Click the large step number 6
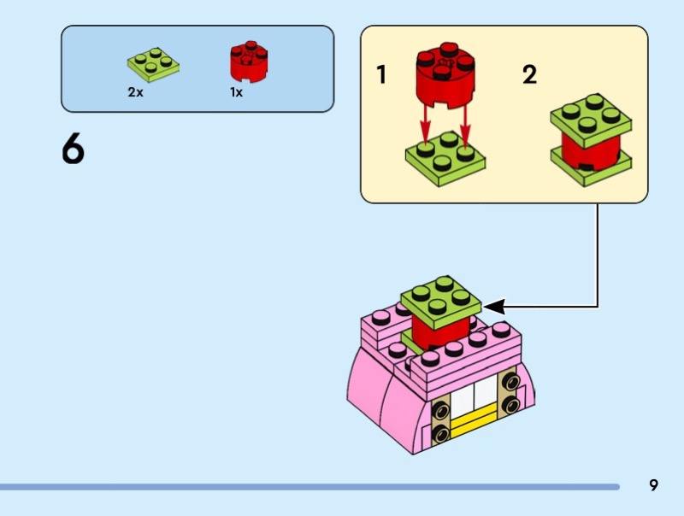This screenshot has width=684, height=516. point(74,150)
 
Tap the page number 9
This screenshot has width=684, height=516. point(653,485)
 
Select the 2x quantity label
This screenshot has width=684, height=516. point(135,92)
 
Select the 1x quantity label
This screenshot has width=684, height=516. point(236,92)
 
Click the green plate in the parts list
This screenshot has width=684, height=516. point(154,65)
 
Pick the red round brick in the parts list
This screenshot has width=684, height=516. point(249,62)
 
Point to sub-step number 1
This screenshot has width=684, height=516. point(381,75)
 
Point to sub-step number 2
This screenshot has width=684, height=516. point(530,75)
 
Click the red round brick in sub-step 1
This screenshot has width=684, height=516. point(445,75)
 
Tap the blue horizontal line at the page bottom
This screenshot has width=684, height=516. point(308,487)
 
